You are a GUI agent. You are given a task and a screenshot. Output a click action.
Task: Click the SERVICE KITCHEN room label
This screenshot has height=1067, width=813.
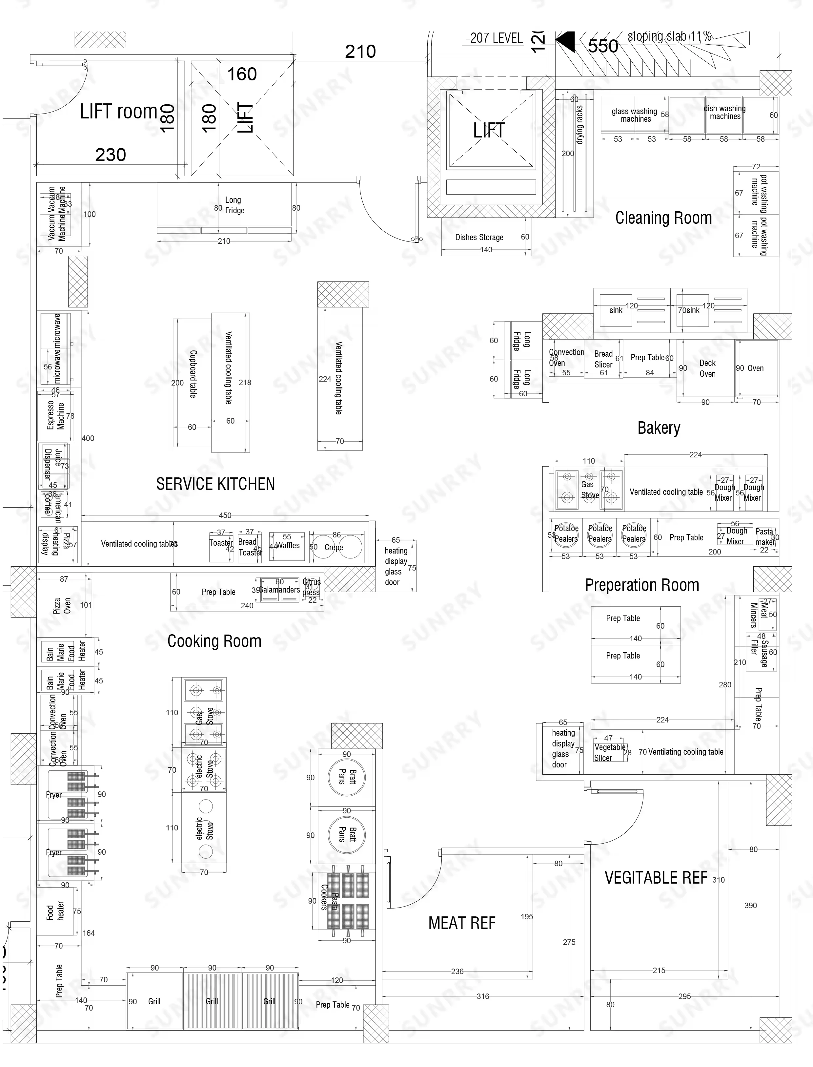click(x=215, y=484)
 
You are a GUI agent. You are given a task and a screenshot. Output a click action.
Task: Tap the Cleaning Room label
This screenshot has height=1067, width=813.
click(x=663, y=218)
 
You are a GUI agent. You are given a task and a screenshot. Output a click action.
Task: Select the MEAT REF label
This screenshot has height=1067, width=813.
click(x=462, y=923)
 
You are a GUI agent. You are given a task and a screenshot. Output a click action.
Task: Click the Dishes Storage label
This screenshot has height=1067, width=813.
click(x=479, y=237)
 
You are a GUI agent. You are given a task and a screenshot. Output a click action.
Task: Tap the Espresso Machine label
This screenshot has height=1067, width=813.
click(x=56, y=415)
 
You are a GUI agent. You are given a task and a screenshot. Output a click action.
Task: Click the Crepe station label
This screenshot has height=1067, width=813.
click(x=334, y=547)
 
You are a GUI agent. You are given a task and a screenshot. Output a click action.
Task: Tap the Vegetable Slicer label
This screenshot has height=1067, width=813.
click(x=609, y=753)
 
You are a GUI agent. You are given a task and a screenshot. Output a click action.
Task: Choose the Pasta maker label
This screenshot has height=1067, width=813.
click(x=764, y=537)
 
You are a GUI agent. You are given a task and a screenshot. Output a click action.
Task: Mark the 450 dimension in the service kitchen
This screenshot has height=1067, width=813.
click(x=225, y=515)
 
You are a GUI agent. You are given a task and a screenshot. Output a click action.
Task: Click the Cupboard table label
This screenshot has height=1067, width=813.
click(x=193, y=374)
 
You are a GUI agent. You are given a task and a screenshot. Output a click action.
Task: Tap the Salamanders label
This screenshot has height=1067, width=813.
click(x=279, y=590)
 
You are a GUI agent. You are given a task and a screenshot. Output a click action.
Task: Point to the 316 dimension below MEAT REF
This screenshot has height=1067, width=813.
click(x=482, y=996)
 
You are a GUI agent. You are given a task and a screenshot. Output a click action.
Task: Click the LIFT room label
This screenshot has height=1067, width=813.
click(x=119, y=112)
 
